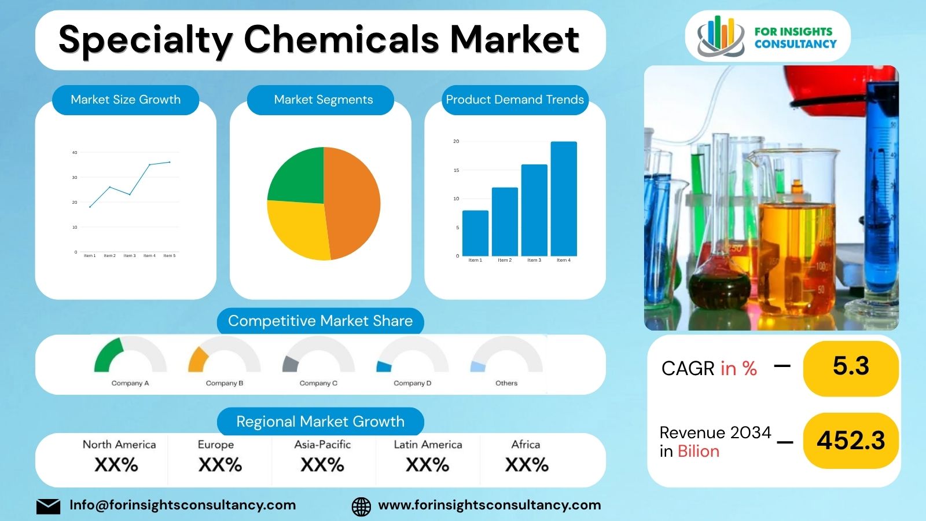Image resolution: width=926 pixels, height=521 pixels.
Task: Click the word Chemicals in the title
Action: [x=341, y=39]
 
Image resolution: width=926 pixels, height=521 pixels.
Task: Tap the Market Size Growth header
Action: [x=126, y=100]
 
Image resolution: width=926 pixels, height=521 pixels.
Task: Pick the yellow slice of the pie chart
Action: [x=298, y=229]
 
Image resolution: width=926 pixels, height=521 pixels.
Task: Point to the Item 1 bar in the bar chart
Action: [x=475, y=233]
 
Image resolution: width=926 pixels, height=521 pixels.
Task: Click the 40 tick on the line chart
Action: [x=75, y=153]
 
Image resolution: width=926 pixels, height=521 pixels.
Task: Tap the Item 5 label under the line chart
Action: [x=170, y=255]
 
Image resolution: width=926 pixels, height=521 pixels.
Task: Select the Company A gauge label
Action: [x=130, y=383]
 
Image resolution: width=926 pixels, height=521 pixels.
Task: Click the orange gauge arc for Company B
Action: [x=197, y=359]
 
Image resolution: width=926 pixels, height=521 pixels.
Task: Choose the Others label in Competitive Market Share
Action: [x=506, y=383]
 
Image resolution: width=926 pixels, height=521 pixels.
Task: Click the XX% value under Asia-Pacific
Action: [x=322, y=465]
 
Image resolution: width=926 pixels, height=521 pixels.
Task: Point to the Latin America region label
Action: [x=428, y=445]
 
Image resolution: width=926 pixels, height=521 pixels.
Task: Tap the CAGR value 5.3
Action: [x=851, y=366]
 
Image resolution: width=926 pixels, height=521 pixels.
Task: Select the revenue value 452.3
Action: [x=851, y=441]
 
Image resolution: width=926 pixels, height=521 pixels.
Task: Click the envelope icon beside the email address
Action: [x=48, y=506]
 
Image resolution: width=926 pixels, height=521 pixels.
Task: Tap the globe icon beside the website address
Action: [x=362, y=506]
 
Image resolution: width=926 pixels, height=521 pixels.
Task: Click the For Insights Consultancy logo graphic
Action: [x=721, y=36]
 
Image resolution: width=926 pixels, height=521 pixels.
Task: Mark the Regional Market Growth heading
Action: [x=320, y=421]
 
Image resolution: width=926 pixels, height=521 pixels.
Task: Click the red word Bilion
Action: [x=699, y=452]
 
